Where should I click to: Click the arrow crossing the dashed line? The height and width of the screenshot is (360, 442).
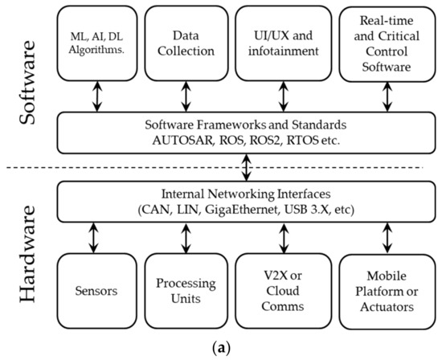(x=246, y=170)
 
